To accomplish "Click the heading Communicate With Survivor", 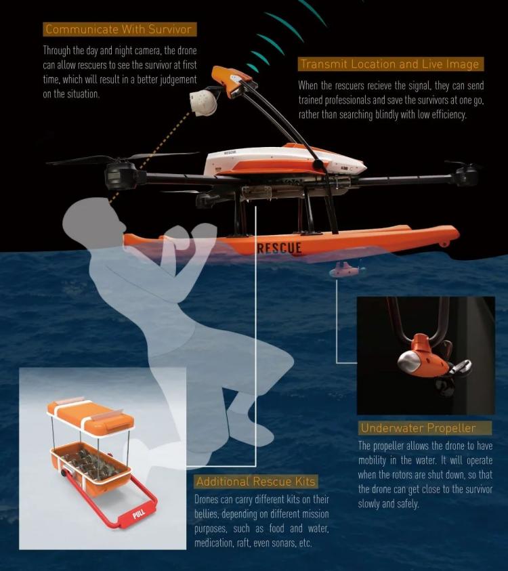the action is (119, 29).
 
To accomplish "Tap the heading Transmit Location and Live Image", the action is (390, 64).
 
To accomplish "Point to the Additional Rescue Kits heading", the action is (255, 482).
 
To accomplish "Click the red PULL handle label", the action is (139, 514).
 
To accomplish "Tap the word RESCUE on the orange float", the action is (279, 249).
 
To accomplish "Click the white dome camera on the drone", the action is (203, 103).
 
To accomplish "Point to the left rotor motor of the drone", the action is (120, 175).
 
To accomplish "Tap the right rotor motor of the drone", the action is (465, 175).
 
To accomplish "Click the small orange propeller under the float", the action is (345, 270).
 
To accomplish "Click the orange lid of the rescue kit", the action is (90, 418).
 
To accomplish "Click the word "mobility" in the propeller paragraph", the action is (372, 461).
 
